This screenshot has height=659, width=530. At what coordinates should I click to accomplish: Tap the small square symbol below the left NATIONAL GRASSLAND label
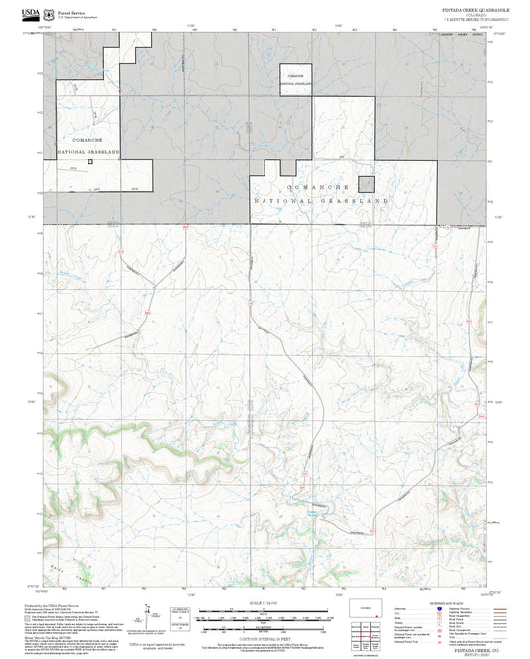(90, 161)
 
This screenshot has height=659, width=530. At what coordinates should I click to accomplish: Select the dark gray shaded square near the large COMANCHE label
(368, 185)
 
